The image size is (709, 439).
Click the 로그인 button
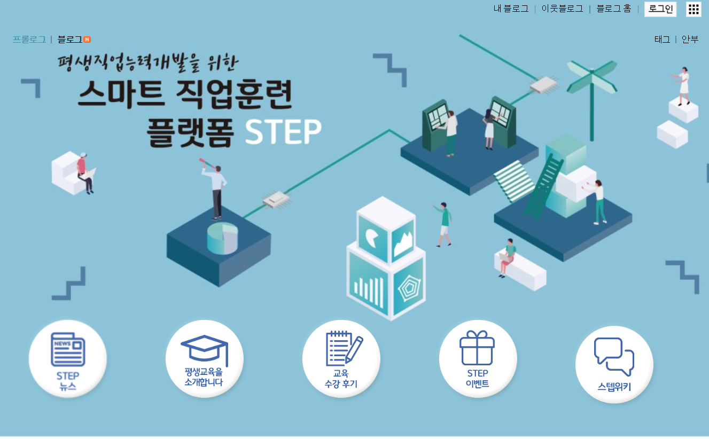pyautogui.click(x=660, y=9)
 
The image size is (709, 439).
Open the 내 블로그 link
pyautogui.click(x=511, y=9)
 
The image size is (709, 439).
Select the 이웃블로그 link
pyautogui.click(x=562, y=9)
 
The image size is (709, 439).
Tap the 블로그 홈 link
pyautogui.click(x=613, y=9)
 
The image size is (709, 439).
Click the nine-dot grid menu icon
pyautogui.click(x=694, y=9)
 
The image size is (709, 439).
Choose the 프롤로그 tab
pyautogui.click(x=29, y=40)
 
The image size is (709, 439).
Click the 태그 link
pyautogui.click(x=662, y=40)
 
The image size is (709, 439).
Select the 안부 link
pyautogui.click(x=690, y=40)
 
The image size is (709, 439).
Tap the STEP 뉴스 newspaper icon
pyautogui.click(x=68, y=349)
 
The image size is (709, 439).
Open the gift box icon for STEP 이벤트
pyautogui.click(x=477, y=348)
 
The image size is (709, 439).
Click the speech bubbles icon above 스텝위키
pyautogui.click(x=614, y=356)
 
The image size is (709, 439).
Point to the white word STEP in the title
pyautogui.click(x=283, y=132)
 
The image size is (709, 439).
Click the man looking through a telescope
pyautogui.click(x=216, y=190)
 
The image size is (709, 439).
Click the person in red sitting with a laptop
pyautogui.click(x=84, y=173)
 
